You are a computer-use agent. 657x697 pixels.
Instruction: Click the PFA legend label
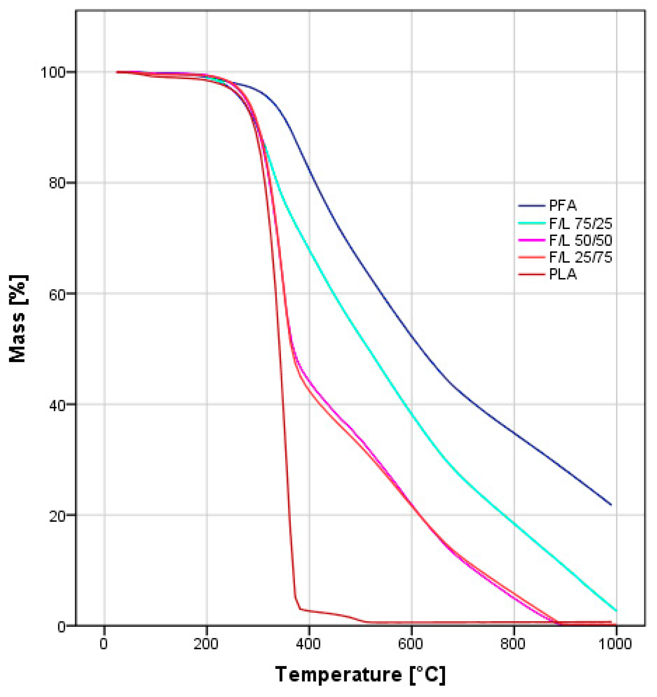pyautogui.click(x=562, y=206)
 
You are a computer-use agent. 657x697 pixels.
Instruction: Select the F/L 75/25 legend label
pyautogui.click(x=580, y=223)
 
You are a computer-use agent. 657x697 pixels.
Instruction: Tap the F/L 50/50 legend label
pyautogui.click(x=580, y=240)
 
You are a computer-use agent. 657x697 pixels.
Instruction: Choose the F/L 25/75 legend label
pyautogui.click(x=580, y=258)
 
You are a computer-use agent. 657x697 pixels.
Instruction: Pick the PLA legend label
pyautogui.click(x=563, y=274)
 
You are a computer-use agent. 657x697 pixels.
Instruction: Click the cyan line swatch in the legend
pyautogui.click(x=532, y=223)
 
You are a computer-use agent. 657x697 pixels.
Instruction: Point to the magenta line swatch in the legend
pyautogui.click(x=532, y=240)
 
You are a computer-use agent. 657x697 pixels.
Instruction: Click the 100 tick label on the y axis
pyautogui.click(x=53, y=73)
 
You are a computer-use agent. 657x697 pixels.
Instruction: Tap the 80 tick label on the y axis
pyautogui.click(x=58, y=183)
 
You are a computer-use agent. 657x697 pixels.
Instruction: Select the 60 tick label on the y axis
pyautogui.click(x=58, y=294)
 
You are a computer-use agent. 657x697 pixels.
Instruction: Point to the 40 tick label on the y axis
pyautogui.click(x=58, y=405)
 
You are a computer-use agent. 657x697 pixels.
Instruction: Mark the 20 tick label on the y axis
pyautogui.click(x=58, y=516)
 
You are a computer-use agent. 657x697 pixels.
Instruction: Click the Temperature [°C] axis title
pyautogui.click(x=360, y=674)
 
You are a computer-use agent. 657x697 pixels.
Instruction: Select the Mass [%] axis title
pyautogui.click(x=18, y=319)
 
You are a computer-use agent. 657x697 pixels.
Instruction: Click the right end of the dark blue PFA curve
pyautogui.click(x=611, y=505)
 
